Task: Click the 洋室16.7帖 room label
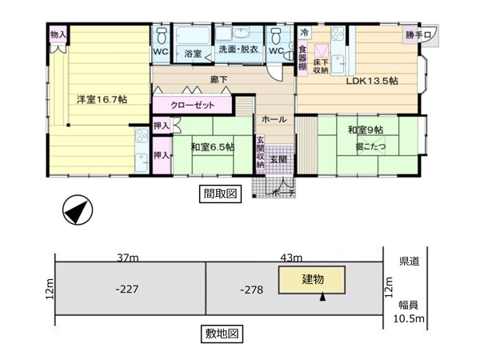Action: coord(102,99)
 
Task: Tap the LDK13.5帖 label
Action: coord(372,81)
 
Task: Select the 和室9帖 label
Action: coord(366,130)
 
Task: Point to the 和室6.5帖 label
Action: coord(213,147)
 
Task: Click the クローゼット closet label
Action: coord(192,106)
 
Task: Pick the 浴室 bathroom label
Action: coord(193,54)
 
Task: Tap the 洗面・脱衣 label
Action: coord(238,50)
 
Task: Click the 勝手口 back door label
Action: coord(418,35)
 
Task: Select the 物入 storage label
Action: coord(58,34)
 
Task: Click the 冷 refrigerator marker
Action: coord(304,33)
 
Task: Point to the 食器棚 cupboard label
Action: coord(302,58)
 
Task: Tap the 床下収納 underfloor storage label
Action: coord(321,66)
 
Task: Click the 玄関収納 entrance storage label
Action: coord(260,152)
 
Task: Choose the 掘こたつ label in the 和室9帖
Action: coord(370,146)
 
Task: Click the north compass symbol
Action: coord(78,210)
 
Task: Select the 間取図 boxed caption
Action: coord(221,194)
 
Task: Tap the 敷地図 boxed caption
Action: coord(222,334)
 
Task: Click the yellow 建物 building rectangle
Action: coord(312,280)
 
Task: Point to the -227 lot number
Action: coord(127,289)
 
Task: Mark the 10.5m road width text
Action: coord(409,318)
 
